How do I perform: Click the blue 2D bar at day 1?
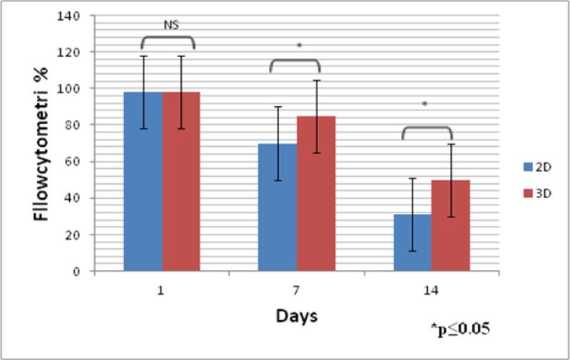143,182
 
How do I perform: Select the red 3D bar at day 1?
180,182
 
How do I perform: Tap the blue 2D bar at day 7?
278,207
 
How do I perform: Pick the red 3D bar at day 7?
315,194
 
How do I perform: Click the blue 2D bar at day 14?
412,242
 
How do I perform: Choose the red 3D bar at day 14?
450,225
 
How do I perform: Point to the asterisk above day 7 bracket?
299,47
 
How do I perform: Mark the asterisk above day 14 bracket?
424,105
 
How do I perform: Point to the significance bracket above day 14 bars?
427,129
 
